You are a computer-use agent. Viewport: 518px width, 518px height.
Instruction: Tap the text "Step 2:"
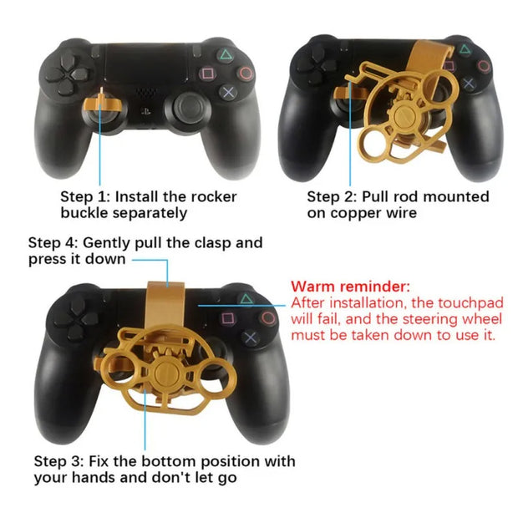tap(332, 197)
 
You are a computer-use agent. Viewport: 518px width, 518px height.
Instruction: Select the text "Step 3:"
tap(58, 461)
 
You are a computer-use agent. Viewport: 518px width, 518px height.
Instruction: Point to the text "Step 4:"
tap(53, 243)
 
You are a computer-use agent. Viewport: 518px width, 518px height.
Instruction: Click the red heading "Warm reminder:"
tap(350, 287)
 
